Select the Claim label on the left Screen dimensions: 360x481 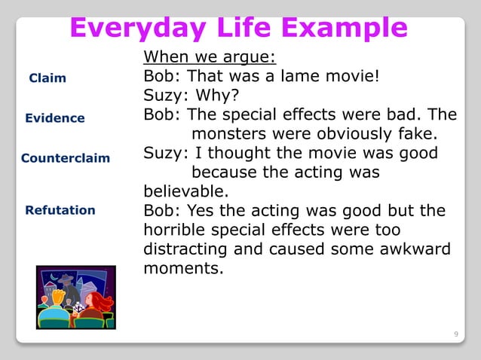[x=47, y=78]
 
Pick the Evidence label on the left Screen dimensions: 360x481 [x=55, y=118]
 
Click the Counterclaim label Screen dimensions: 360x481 [x=66, y=158]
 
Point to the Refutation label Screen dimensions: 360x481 [x=60, y=210]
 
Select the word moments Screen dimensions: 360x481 [x=182, y=267]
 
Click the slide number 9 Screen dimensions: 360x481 [x=455, y=332]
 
